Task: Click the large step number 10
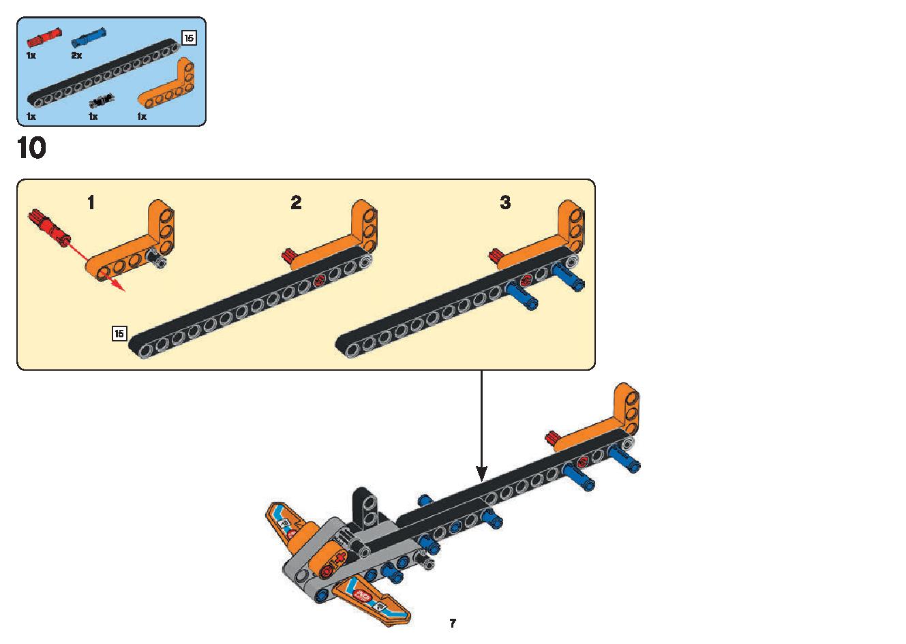pyautogui.click(x=31, y=148)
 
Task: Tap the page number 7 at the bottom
pyautogui.click(x=452, y=623)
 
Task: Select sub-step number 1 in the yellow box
pyautogui.click(x=91, y=202)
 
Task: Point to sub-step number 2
pyautogui.click(x=296, y=202)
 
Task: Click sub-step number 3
pyautogui.click(x=505, y=202)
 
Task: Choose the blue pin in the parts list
pyautogui.click(x=89, y=36)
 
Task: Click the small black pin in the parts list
pyautogui.click(x=102, y=101)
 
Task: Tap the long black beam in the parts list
pyautogui.click(x=102, y=72)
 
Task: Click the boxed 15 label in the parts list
pyautogui.click(x=189, y=38)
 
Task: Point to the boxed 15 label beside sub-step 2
pyautogui.click(x=119, y=333)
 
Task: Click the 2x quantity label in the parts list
pyautogui.click(x=76, y=55)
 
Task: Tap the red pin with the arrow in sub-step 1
pyautogui.click(x=47, y=228)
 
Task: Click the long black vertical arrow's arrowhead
pyautogui.click(x=482, y=472)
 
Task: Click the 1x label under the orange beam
pyautogui.click(x=142, y=117)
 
